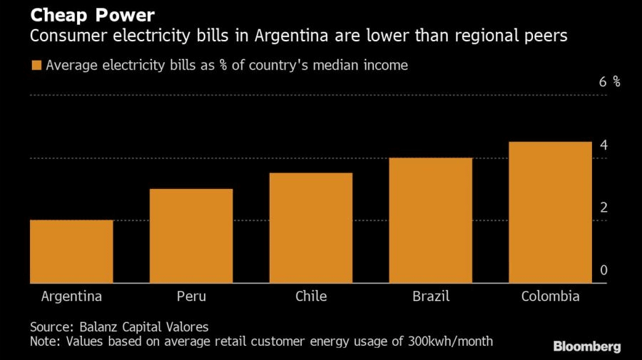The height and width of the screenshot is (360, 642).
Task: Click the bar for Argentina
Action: (71, 252)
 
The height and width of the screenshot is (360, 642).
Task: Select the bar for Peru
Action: (191, 236)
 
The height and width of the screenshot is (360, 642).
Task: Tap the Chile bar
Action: (311, 228)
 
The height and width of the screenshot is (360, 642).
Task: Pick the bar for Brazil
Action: (431, 220)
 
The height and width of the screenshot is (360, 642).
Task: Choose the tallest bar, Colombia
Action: (551, 212)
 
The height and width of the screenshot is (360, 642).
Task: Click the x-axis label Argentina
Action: (71, 297)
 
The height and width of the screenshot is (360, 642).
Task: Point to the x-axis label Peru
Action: (191, 297)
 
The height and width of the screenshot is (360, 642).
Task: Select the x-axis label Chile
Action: (311, 297)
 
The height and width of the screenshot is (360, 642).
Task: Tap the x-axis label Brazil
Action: (431, 297)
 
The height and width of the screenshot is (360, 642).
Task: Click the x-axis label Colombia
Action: (550, 297)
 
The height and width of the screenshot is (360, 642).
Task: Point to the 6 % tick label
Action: (610, 82)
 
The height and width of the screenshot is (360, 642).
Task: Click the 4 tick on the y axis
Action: (603, 145)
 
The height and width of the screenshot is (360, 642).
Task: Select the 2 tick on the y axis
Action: (603, 208)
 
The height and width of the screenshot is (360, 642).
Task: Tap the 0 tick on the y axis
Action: (603, 270)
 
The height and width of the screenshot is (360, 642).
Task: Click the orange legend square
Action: (36, 66)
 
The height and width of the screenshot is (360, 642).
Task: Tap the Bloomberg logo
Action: (587, 346)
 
